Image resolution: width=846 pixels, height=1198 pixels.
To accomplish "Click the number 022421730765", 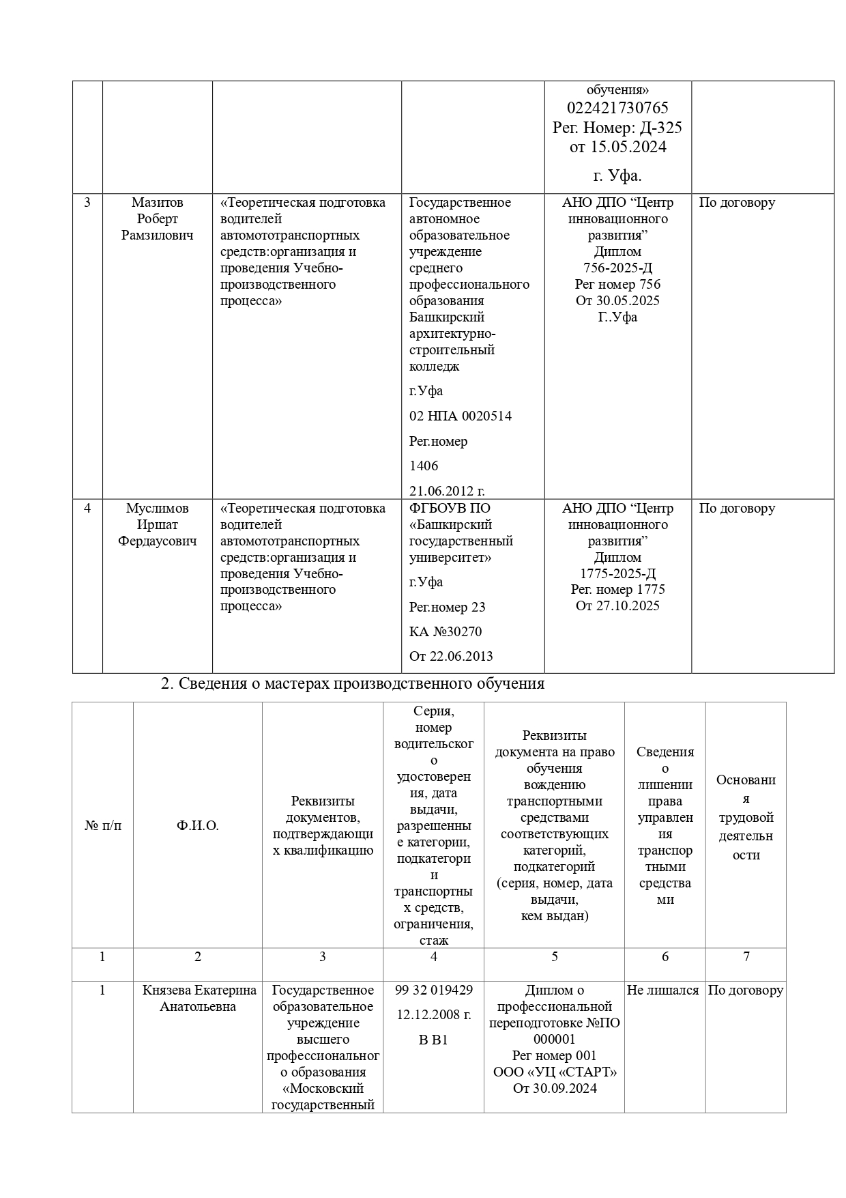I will (x=617, y=108).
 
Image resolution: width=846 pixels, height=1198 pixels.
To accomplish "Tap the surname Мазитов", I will (x=158, y=203).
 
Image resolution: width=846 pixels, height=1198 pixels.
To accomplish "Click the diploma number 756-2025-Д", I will (x=617, y=268).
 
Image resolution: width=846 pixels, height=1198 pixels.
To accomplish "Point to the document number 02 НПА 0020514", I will (x=460, y=416).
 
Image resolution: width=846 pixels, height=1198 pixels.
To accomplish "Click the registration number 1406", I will (x=424, y=466).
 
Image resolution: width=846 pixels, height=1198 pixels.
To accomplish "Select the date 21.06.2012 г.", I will (x=446, y=491).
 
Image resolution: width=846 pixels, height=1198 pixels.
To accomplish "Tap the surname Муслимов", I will (x=158, y=509).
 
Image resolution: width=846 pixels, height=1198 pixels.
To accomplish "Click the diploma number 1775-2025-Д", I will (x=617, y=573).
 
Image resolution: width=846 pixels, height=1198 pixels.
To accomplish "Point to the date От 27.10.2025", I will (x=617, y=606).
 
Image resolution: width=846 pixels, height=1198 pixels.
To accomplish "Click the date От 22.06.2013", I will (x=450, y=657).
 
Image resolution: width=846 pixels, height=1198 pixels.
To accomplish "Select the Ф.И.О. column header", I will (x=198, y=826).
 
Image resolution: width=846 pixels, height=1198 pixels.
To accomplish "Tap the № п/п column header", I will (x=103, y=826).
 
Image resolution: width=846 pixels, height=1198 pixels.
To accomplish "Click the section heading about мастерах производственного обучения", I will (x=353, y=684).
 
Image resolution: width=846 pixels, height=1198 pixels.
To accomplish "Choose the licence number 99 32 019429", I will (x=434, y=990).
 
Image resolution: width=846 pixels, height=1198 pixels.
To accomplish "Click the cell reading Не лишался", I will (x=663, y=990).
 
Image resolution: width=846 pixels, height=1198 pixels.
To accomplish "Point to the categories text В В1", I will (x=433, y=1040).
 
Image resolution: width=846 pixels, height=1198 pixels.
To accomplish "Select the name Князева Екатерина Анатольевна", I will (x=199, y=999).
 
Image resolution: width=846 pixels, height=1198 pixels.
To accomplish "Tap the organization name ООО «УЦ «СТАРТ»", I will (x=555, y=1072).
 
